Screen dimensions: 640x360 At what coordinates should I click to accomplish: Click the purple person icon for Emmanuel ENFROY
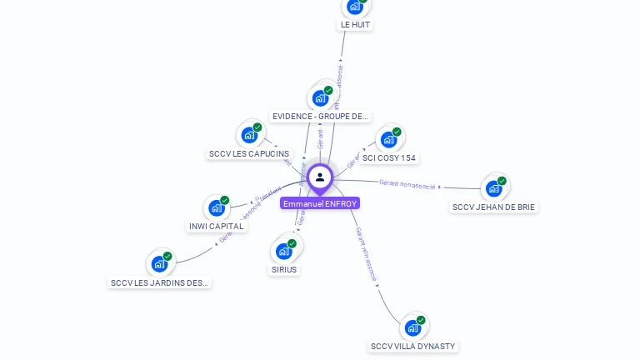[320, 177]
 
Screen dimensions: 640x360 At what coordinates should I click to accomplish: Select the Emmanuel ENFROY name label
[320, 203]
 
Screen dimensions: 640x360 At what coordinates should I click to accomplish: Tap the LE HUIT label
[355, 25]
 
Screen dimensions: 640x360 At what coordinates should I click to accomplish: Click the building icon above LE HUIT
[355, 7]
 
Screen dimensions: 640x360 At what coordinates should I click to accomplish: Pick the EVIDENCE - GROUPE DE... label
[321, 117]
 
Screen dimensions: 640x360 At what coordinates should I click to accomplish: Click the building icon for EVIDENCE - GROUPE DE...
[321, 97]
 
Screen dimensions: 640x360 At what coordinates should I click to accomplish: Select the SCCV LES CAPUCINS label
[249, 153]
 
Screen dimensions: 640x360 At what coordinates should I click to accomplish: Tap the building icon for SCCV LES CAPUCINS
[249, 134]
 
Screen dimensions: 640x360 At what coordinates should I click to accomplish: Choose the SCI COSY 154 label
[389, 157]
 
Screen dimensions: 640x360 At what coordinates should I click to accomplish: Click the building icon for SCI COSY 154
[389, 139]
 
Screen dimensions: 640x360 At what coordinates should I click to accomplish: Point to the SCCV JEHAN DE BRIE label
[494, 207]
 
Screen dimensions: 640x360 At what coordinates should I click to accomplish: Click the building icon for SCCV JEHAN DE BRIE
[494, 187]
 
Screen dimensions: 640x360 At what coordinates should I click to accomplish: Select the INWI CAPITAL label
[217, 226]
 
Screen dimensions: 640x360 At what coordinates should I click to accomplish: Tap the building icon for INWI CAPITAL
[217, 207]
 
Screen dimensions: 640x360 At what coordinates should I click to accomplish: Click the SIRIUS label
[284, 269]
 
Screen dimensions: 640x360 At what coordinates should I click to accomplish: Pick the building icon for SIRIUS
[284, 250]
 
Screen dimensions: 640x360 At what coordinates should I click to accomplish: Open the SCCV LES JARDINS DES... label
[160, 282]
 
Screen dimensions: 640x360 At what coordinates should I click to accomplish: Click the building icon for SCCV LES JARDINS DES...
[160, 264]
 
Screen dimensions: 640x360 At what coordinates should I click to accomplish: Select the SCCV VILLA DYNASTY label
[413, 346]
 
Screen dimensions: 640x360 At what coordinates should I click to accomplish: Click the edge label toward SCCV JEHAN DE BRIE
[407, 184]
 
